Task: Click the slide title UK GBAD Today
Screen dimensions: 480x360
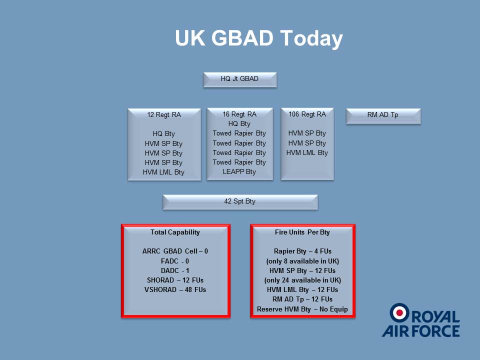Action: [x=258, y=38]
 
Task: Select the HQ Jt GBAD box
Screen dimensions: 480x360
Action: [x=240, y=80]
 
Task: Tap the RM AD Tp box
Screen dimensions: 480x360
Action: [x=383, y=116]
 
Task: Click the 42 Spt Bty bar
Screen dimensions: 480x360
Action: [x=240, y=202]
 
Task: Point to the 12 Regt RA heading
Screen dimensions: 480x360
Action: [x=164, y=115]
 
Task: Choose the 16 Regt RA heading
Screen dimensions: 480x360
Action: [x=239, y=114]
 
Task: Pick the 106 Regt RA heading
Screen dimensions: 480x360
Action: [x=307, y=114]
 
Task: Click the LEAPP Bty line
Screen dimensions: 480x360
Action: [x=239, y=171]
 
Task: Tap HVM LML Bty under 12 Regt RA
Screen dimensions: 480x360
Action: [x=164, y=172]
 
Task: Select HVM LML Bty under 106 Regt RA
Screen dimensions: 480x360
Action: [x=307, y=153]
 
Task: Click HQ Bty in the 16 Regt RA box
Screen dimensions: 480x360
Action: [x=239, y=123]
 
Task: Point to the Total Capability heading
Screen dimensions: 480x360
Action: [x=175, y=232]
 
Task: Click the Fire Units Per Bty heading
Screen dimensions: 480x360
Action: [x=302, y=232]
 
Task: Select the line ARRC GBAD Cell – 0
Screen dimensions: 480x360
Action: [x=175, y=251]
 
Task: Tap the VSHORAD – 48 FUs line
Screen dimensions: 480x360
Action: [x=175, y=289]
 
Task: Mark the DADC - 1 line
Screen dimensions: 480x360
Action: [x=175, y=270]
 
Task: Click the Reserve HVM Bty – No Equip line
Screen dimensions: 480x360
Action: [x=302, y=309]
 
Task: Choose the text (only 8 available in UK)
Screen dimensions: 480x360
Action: [x=302, y=261]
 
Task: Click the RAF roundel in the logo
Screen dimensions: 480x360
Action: [x=399, y=313]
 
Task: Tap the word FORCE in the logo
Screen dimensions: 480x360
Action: [x=435, y=331]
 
